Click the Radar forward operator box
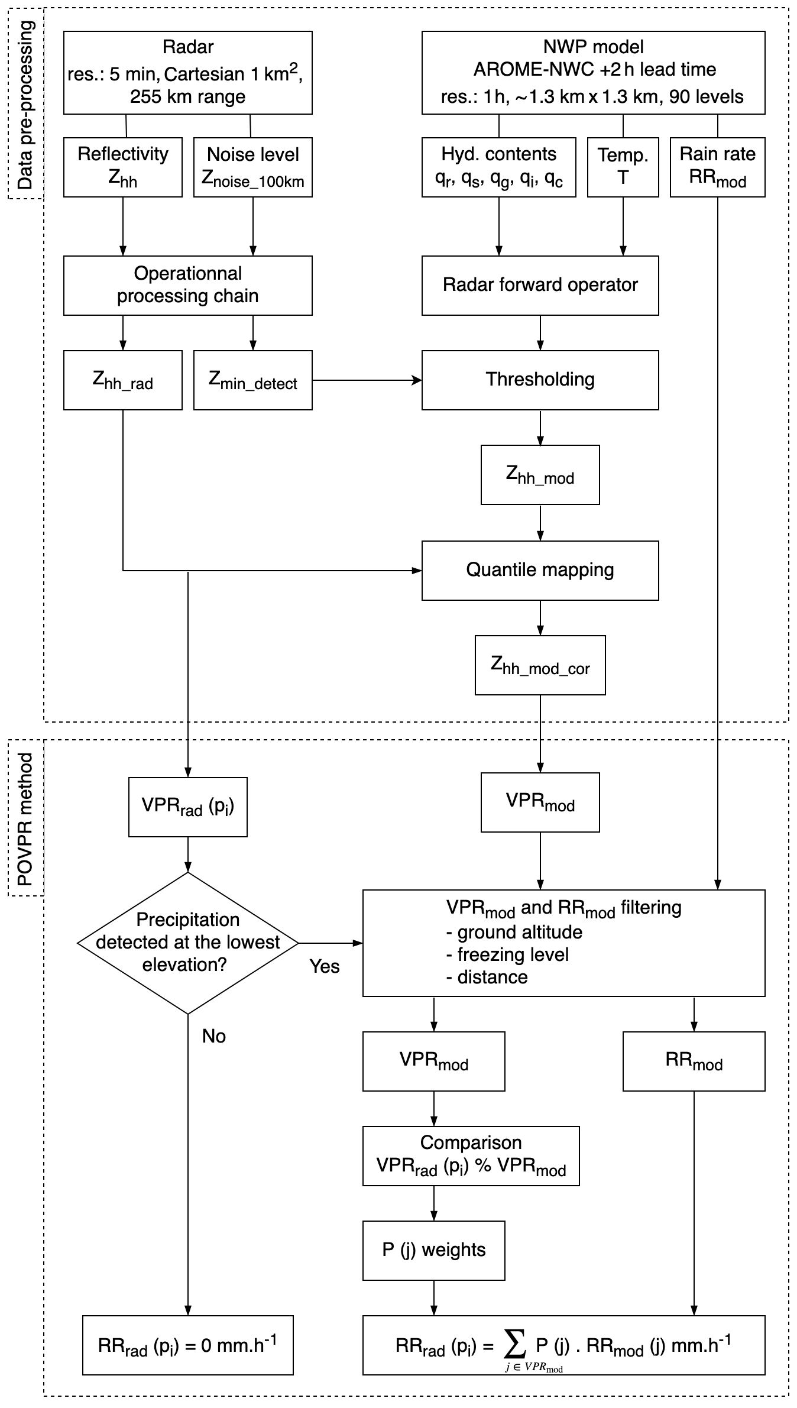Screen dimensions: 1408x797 click(540, 285)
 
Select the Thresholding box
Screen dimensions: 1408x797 click(540, 380)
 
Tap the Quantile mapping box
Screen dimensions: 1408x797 click(540, 570)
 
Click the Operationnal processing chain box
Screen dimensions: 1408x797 click(187, 285)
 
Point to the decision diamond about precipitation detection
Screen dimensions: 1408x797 click(187, 943)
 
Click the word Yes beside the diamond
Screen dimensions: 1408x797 click(325, 966)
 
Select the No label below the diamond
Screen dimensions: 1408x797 click(213, 1036)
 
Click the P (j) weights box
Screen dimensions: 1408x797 click(433, 1250)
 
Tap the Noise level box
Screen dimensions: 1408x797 click(252, 167)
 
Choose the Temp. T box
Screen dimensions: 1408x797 click(623, 167)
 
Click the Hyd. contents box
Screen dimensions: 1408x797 click(498, 167)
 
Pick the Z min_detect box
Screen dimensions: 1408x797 click(252, 380)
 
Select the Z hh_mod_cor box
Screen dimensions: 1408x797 click(540, 665)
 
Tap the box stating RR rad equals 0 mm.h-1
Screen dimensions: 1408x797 click(187, 1345)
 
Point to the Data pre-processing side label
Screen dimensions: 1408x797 click(25, 104)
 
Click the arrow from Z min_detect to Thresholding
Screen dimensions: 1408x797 click(367, 380)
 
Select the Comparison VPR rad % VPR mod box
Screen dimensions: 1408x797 click(471, 1155)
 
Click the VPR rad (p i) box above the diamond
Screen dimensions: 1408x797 click(187, 807)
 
